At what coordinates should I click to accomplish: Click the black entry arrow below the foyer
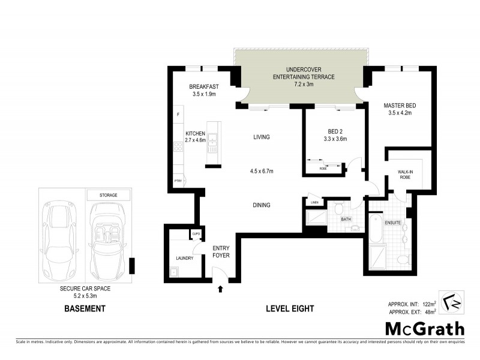220,289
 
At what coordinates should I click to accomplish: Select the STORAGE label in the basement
109,195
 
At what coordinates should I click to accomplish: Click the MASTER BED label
400,106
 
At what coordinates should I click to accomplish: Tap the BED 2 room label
334,131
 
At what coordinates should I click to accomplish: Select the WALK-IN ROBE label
407,175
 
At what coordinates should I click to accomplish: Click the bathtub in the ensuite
376,231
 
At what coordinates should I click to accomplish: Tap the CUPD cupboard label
196,234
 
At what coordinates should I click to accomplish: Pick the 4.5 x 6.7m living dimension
261,171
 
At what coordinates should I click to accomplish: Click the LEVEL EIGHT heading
290,309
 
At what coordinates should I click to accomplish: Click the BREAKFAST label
203,86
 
